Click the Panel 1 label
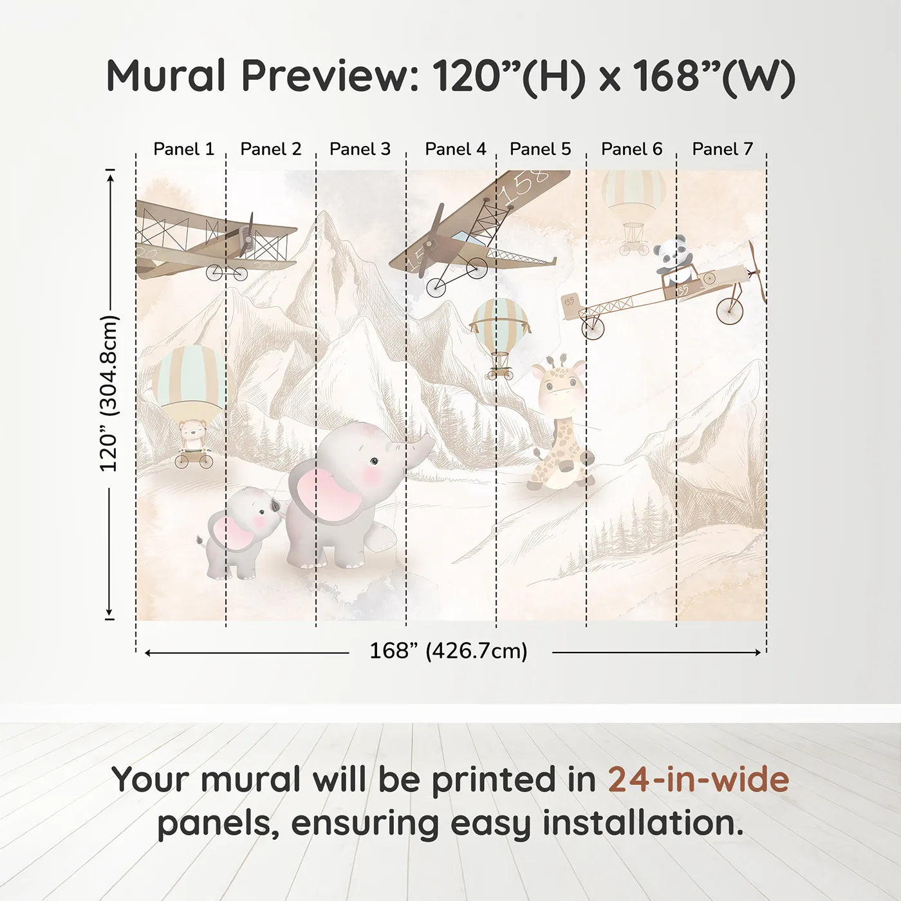tap(183, 149)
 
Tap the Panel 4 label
tap(456, 149)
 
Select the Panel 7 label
tap(722, 149)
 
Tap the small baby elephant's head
tap(254, 512)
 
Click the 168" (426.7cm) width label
tap(449, 651)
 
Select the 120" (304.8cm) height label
tap(109, 394)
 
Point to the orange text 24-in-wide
tap(698, 780)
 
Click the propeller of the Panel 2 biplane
tap(247, 236)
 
